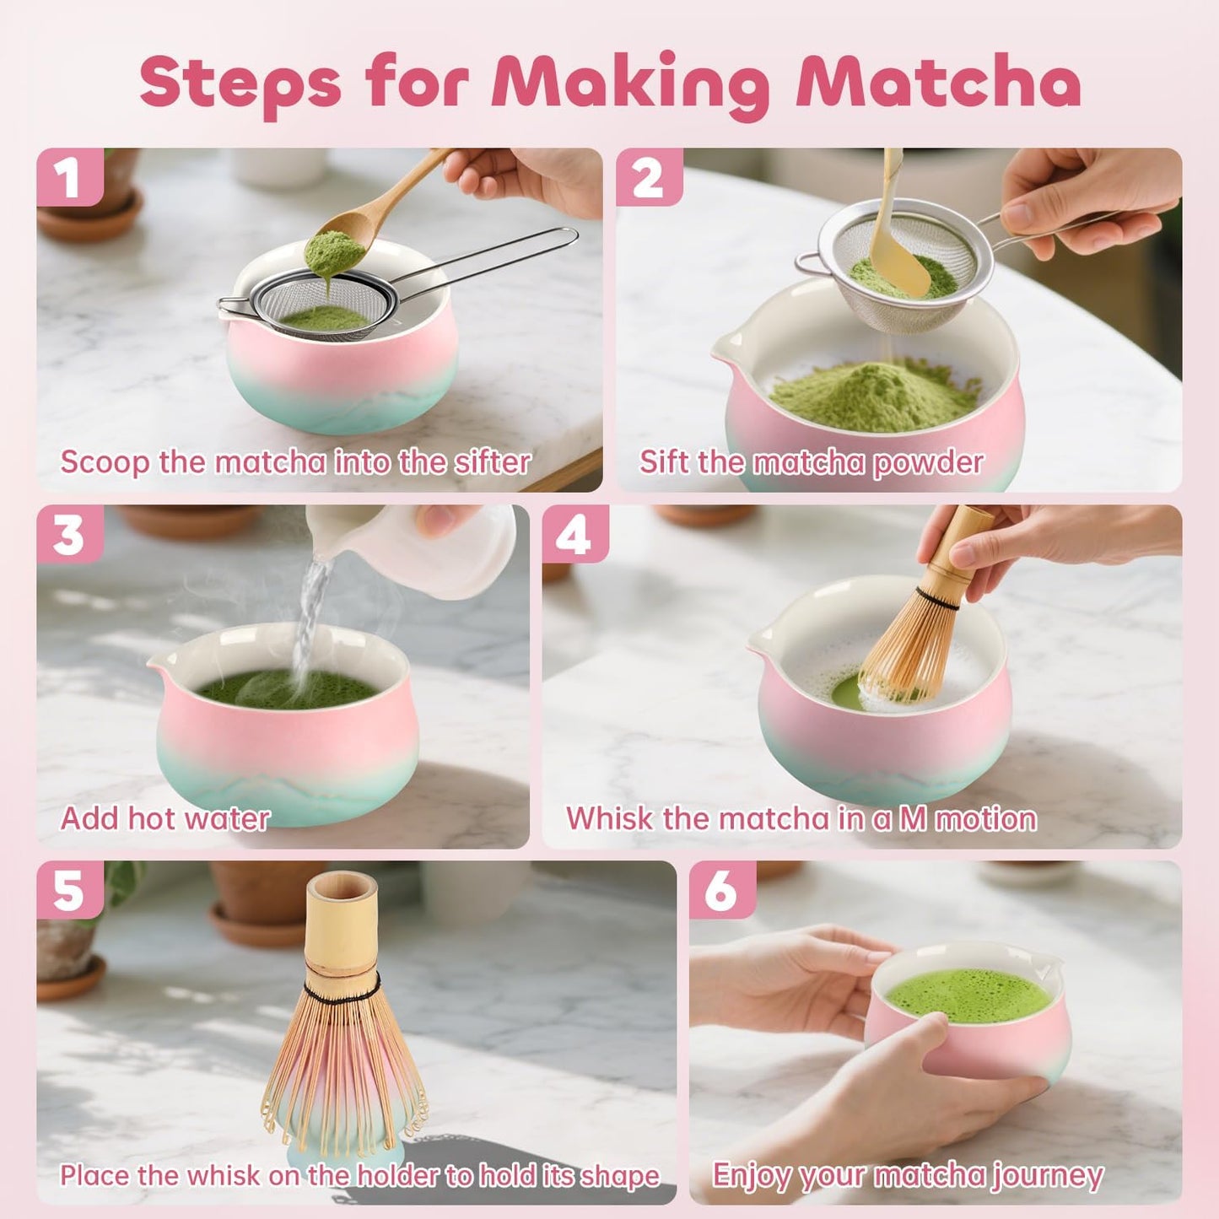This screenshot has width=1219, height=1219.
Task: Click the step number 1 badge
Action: [x=68, y=178]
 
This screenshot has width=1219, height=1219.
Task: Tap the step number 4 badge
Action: [x=574, y=535]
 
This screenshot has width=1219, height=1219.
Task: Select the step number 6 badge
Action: [x=722, y=891]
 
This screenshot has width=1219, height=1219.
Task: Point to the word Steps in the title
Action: [x=240, y=83]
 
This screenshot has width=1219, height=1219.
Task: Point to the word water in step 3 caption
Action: [x=228, y=818]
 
